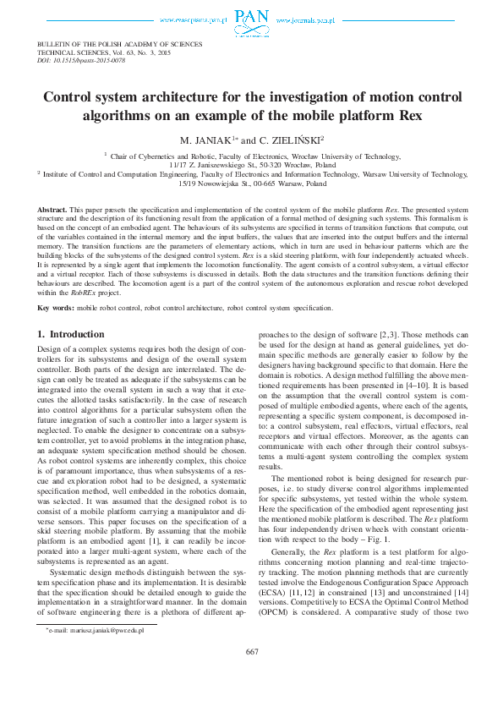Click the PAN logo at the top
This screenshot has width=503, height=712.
coord(251,18)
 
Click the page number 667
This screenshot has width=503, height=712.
coord(251,675)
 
